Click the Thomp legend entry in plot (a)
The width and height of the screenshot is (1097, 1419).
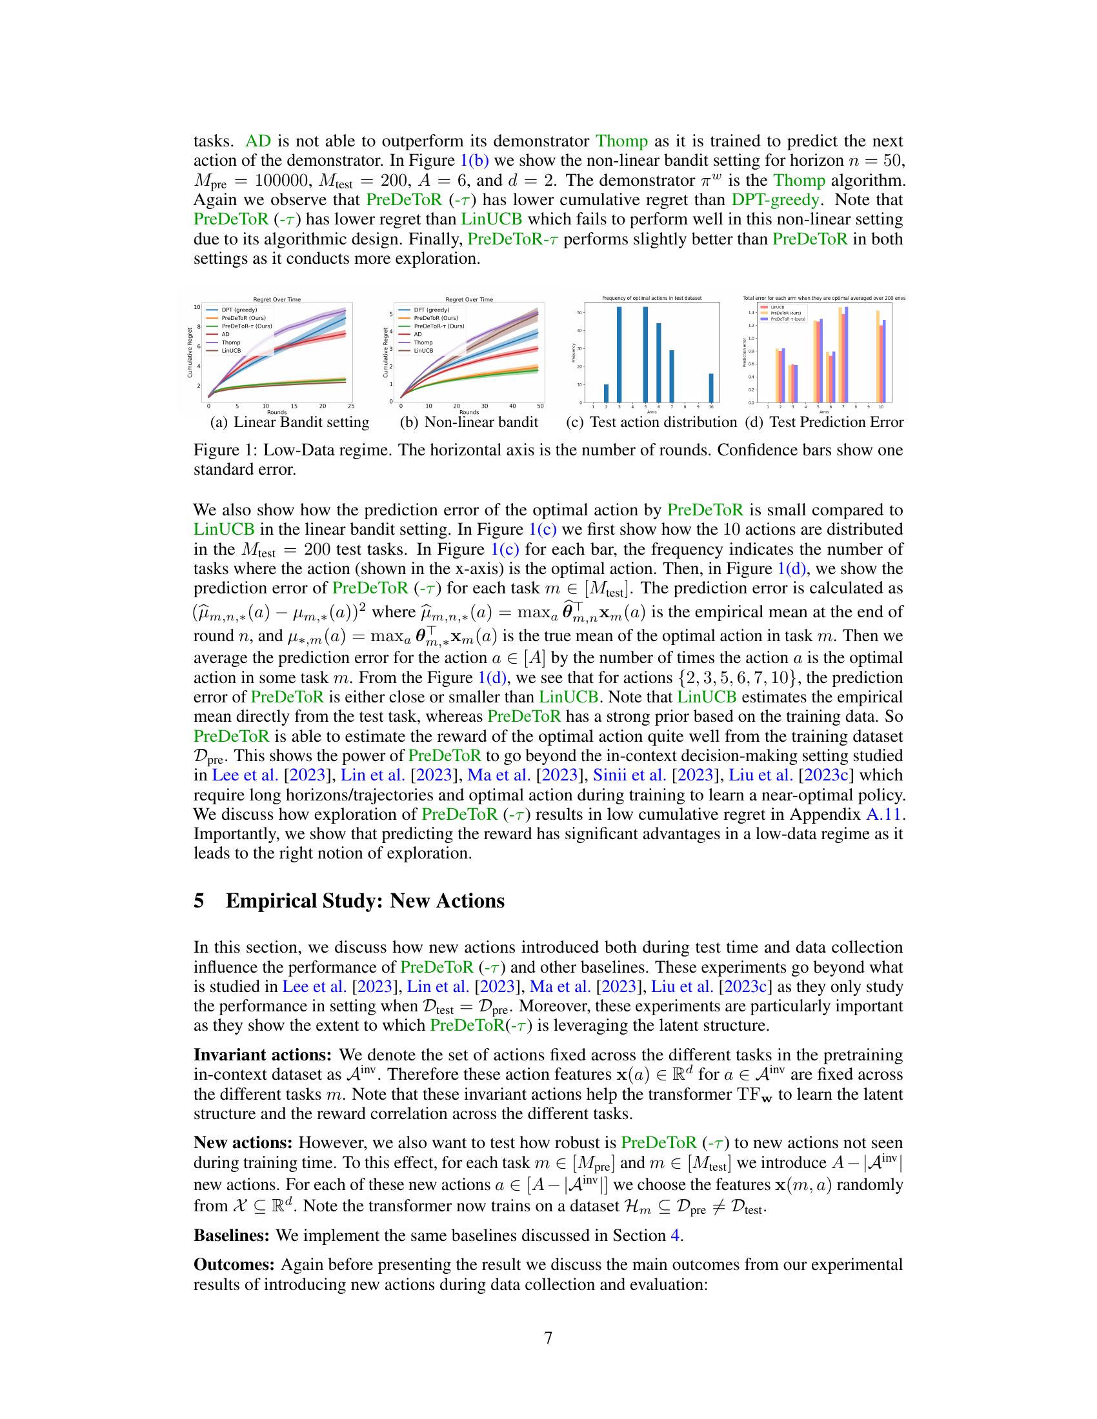[231, 342]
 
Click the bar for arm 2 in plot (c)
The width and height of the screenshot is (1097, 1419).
[607, 393]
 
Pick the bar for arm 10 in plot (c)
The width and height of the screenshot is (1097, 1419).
[711, 388]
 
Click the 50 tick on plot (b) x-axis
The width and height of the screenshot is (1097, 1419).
[541, 406]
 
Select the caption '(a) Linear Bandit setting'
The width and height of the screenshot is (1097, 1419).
[289, 422]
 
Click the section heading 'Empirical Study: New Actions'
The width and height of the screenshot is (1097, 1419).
[365, 901]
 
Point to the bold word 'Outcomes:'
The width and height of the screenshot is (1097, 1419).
[234, 1265]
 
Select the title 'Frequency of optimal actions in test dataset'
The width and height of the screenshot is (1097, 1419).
[652, 298]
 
